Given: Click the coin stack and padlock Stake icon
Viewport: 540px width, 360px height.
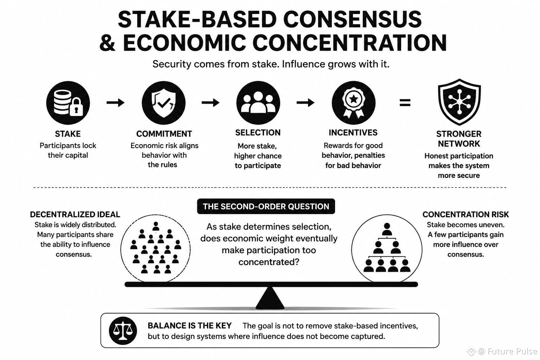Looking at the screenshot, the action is click(68, 103).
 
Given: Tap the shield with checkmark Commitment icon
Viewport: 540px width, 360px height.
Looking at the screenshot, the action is click(164, 103).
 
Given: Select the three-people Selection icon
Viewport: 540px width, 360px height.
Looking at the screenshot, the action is click(258, 103).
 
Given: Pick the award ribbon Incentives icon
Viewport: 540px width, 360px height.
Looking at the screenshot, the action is click(354, 103).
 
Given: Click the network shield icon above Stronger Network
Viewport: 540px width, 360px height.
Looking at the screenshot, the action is click(459, 102).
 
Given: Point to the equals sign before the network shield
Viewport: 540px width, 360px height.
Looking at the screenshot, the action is click(405, 103).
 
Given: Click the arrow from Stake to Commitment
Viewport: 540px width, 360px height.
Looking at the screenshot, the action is click(115, 103).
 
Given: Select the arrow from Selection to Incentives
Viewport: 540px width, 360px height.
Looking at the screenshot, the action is click(306, 103).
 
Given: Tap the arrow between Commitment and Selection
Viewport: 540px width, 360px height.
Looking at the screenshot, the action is click(211, 103).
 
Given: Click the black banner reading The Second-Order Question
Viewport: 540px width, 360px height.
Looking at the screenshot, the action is click(266, 206).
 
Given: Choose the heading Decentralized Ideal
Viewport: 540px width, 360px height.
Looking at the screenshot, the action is click(75, 214).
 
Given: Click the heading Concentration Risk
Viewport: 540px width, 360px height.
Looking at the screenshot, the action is click(465, 214).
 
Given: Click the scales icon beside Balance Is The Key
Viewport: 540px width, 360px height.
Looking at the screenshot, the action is click(123, 330).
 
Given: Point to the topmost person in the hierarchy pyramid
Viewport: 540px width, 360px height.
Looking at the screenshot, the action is click(387, 229).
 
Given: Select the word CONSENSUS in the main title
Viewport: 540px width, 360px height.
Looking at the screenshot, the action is click(353, 20).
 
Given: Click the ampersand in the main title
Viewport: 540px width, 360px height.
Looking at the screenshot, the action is click(107, 43).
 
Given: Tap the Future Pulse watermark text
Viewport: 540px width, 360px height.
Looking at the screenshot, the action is click(512, 351).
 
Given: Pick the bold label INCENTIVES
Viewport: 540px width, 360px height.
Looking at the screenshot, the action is click(353, 133).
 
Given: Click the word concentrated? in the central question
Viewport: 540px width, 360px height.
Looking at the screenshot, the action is click(269, 262).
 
